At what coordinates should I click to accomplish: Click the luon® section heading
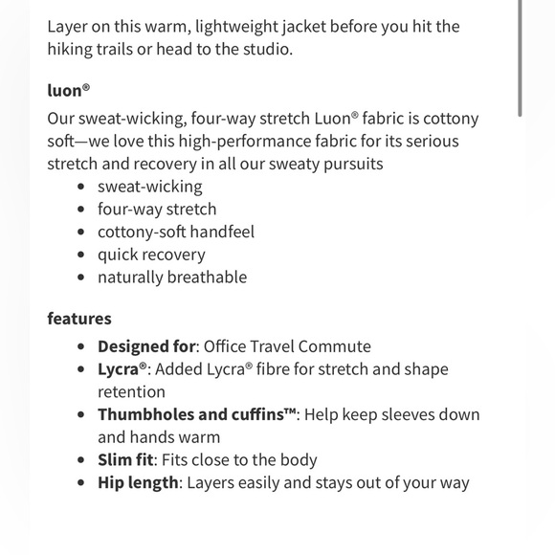pos(69,92)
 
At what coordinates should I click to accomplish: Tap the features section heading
pos(79,319)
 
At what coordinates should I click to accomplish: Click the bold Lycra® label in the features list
pos(123,369)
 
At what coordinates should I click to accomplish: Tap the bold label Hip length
pos(138,482)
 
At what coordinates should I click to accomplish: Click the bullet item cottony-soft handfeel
pos(176,232)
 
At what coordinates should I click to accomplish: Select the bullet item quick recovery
pos(151,255)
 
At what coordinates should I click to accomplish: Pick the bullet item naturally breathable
pos(172,277)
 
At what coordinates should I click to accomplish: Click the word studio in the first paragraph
pos(265,49)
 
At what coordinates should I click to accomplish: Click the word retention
pos(131,391)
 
